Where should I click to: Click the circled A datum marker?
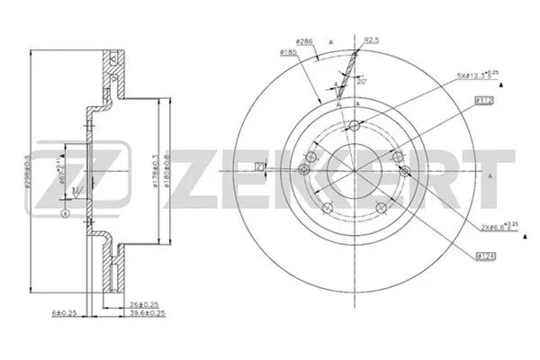(67, 213)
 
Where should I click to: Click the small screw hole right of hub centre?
(404, 171)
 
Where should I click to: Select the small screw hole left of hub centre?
(305, 171)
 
